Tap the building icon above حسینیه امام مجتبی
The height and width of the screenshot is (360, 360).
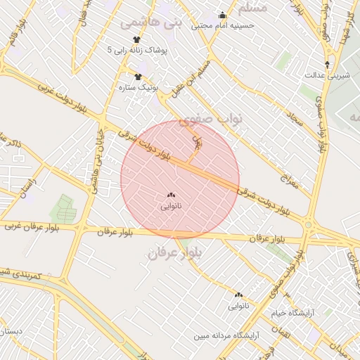223,15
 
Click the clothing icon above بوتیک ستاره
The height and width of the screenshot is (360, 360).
138,77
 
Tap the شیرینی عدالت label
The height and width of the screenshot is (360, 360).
327,75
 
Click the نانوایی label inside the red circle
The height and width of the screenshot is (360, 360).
171,206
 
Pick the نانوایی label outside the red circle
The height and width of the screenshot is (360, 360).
238,306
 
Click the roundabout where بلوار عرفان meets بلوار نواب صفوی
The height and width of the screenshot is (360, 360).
308,226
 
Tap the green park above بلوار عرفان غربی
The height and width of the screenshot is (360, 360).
63,208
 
